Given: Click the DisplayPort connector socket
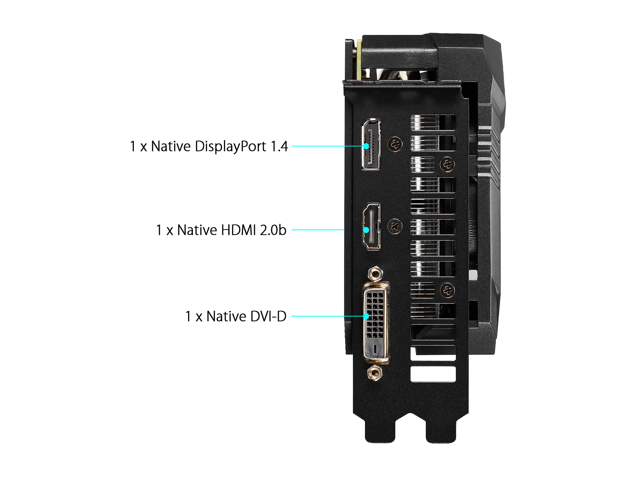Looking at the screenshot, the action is click(x=371, y=144).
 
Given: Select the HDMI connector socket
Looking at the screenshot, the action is click(x=372, y=226).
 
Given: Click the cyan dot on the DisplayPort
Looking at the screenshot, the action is click(x=366, y=146).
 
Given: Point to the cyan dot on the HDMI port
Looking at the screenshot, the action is click(x=366, y=230).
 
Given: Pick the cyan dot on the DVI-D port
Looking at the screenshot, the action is click(x=366, y=316).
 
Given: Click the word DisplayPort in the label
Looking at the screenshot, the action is click(x=230, y=147).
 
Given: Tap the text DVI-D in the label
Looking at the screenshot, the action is click(x=268, y=317).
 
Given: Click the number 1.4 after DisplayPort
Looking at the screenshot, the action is click(x=279, y=146).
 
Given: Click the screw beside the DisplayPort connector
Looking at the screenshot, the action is click(x=395, y=144).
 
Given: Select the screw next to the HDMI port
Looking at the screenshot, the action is click(x=395, y=227).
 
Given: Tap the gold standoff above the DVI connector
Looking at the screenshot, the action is click(x=375, y=274).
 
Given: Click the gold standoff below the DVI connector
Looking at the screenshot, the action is click(x=375, y=373).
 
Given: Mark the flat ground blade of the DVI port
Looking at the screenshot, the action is click(x=375, y=349).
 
